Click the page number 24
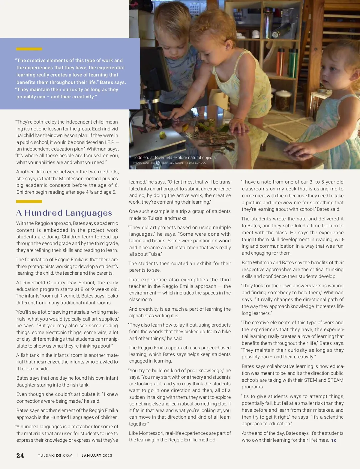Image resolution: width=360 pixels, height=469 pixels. click(x=20, y=456)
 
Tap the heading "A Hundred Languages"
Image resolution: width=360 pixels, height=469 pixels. click(x=64, y=213)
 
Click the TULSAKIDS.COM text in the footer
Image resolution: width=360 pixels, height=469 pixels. click(x=55, y=456)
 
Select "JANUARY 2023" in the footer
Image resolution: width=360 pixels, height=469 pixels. click(x=97, y=456)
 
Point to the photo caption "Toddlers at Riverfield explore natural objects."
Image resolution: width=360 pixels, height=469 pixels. click(x=175, y=157)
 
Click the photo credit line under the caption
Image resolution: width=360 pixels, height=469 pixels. click(x=169, y=163)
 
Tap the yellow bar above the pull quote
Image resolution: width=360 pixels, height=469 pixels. click(x=29, y=49)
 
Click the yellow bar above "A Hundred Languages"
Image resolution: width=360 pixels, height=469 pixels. click(x=29, y=202)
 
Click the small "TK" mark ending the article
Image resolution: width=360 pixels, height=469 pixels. click(x=334, y=441)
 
